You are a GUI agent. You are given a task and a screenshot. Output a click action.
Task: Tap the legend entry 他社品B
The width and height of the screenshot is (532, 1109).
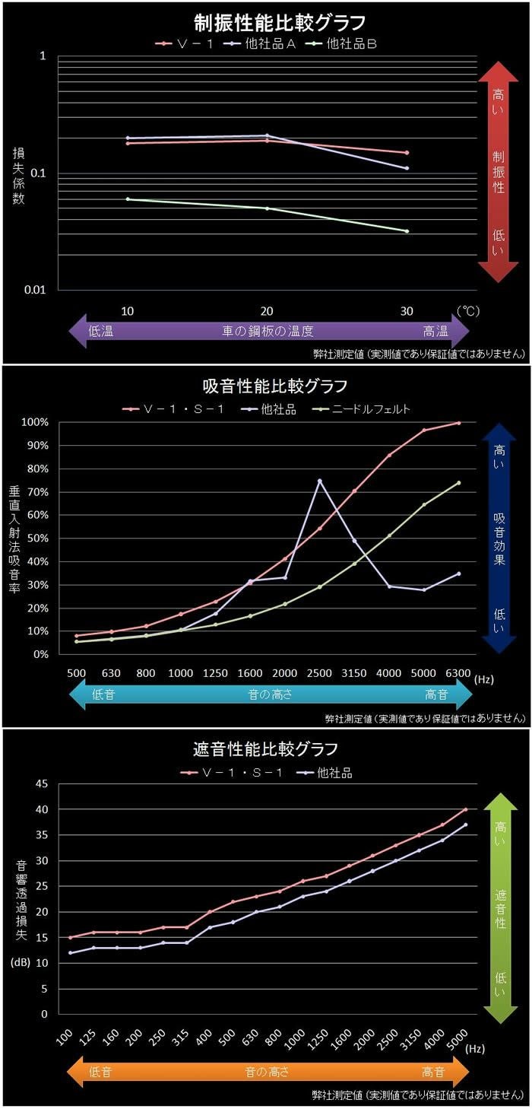(x=352, y=43)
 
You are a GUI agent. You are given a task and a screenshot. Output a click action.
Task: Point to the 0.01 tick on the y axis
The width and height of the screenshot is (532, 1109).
(x=36, y=290)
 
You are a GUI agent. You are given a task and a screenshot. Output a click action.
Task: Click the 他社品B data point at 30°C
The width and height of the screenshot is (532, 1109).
(x=407, y=231)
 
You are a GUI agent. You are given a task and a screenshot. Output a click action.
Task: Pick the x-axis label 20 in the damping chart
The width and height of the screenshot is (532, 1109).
(x=267, y=311)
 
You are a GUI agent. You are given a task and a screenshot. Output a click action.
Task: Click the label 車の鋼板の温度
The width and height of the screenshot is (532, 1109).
(x=268, y=332)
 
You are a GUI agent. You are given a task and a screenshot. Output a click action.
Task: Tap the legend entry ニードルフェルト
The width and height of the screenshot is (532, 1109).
(x=372, y=408)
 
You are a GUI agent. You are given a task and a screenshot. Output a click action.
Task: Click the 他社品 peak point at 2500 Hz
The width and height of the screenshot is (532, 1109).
(x=319, y=481)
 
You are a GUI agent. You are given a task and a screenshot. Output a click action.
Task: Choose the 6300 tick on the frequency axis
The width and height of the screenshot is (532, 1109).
(x=459, y=672)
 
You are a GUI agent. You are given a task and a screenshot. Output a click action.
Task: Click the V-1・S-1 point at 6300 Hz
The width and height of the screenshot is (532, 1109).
(x=459, y=423)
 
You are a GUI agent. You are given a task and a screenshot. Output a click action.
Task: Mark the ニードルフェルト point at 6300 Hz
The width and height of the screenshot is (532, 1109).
(x=459, y=482)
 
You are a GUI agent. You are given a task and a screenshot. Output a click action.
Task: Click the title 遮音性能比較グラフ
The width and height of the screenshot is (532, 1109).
(x=266, y=749)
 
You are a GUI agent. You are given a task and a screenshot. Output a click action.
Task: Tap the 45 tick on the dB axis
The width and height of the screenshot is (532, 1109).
(x=43, y=783)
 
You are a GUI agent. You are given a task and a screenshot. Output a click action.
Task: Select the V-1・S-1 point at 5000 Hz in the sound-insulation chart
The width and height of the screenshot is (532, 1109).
(x=465, y=809)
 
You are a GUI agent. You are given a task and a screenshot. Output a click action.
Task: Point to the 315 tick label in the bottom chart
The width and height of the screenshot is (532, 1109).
(x=179, y=1038)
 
